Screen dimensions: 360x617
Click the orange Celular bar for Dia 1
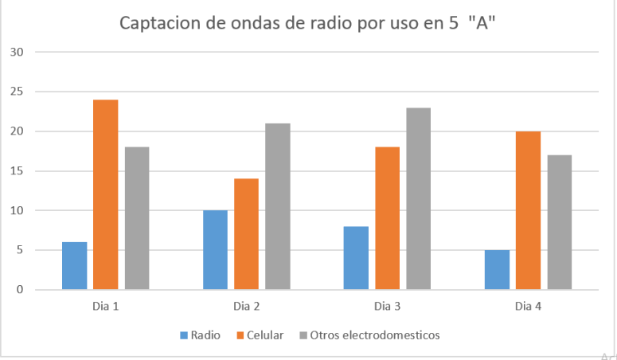pos(105,194)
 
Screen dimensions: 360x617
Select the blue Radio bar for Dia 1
pos(74,265)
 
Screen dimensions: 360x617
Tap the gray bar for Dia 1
pos(137,218)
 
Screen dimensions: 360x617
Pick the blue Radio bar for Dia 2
pos(215,249)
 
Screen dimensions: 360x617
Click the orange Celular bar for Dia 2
pos(246,233)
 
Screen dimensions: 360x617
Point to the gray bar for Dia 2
pos(278,206)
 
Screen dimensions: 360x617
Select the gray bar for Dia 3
pos(419,198)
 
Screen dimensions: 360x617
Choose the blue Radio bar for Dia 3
pos(356,257)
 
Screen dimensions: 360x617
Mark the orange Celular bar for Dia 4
pos(528,210)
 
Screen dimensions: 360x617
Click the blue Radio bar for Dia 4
pos(497,269)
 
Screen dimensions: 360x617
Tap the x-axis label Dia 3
pos(388,306)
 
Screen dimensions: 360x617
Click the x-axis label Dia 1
pos(106,306)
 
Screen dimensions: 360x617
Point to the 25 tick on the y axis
pos(18,92)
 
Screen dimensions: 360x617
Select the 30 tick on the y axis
pos(18,53)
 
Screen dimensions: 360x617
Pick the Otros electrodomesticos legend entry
pos(374,335)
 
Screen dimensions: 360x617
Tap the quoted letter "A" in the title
pos(482,22)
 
